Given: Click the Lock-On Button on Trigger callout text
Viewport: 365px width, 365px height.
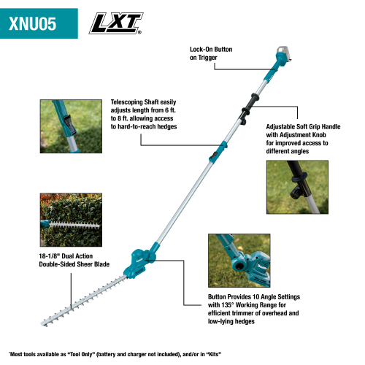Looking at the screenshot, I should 213,53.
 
